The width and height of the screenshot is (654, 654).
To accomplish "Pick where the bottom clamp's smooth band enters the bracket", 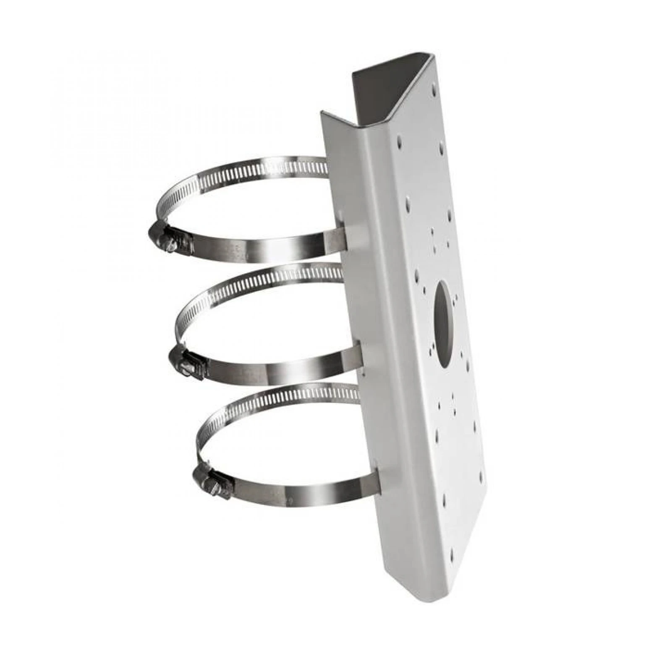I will [376, 483].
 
